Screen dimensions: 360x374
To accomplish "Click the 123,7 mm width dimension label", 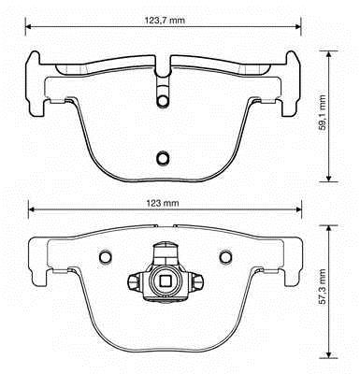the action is pos(165,21).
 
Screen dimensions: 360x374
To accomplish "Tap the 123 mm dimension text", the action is pos(163,203).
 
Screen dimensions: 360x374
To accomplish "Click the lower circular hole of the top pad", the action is pos(163,158).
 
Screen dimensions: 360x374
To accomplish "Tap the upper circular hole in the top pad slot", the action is pos(163,101).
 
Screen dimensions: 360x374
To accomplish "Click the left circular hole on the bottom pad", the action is pos(105,256).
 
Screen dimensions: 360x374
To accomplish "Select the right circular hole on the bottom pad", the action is pos(225,256).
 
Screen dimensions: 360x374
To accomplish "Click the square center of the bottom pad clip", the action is pos(165,281).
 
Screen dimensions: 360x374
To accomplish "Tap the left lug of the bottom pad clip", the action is pos(134,281).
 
